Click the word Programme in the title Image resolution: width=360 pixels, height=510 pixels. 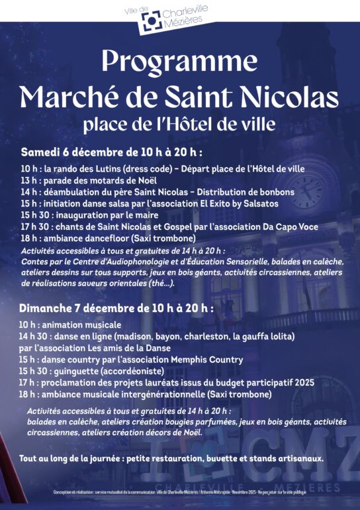[x=179, y=62]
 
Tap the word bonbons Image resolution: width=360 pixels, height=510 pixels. [x=272, y=192]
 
